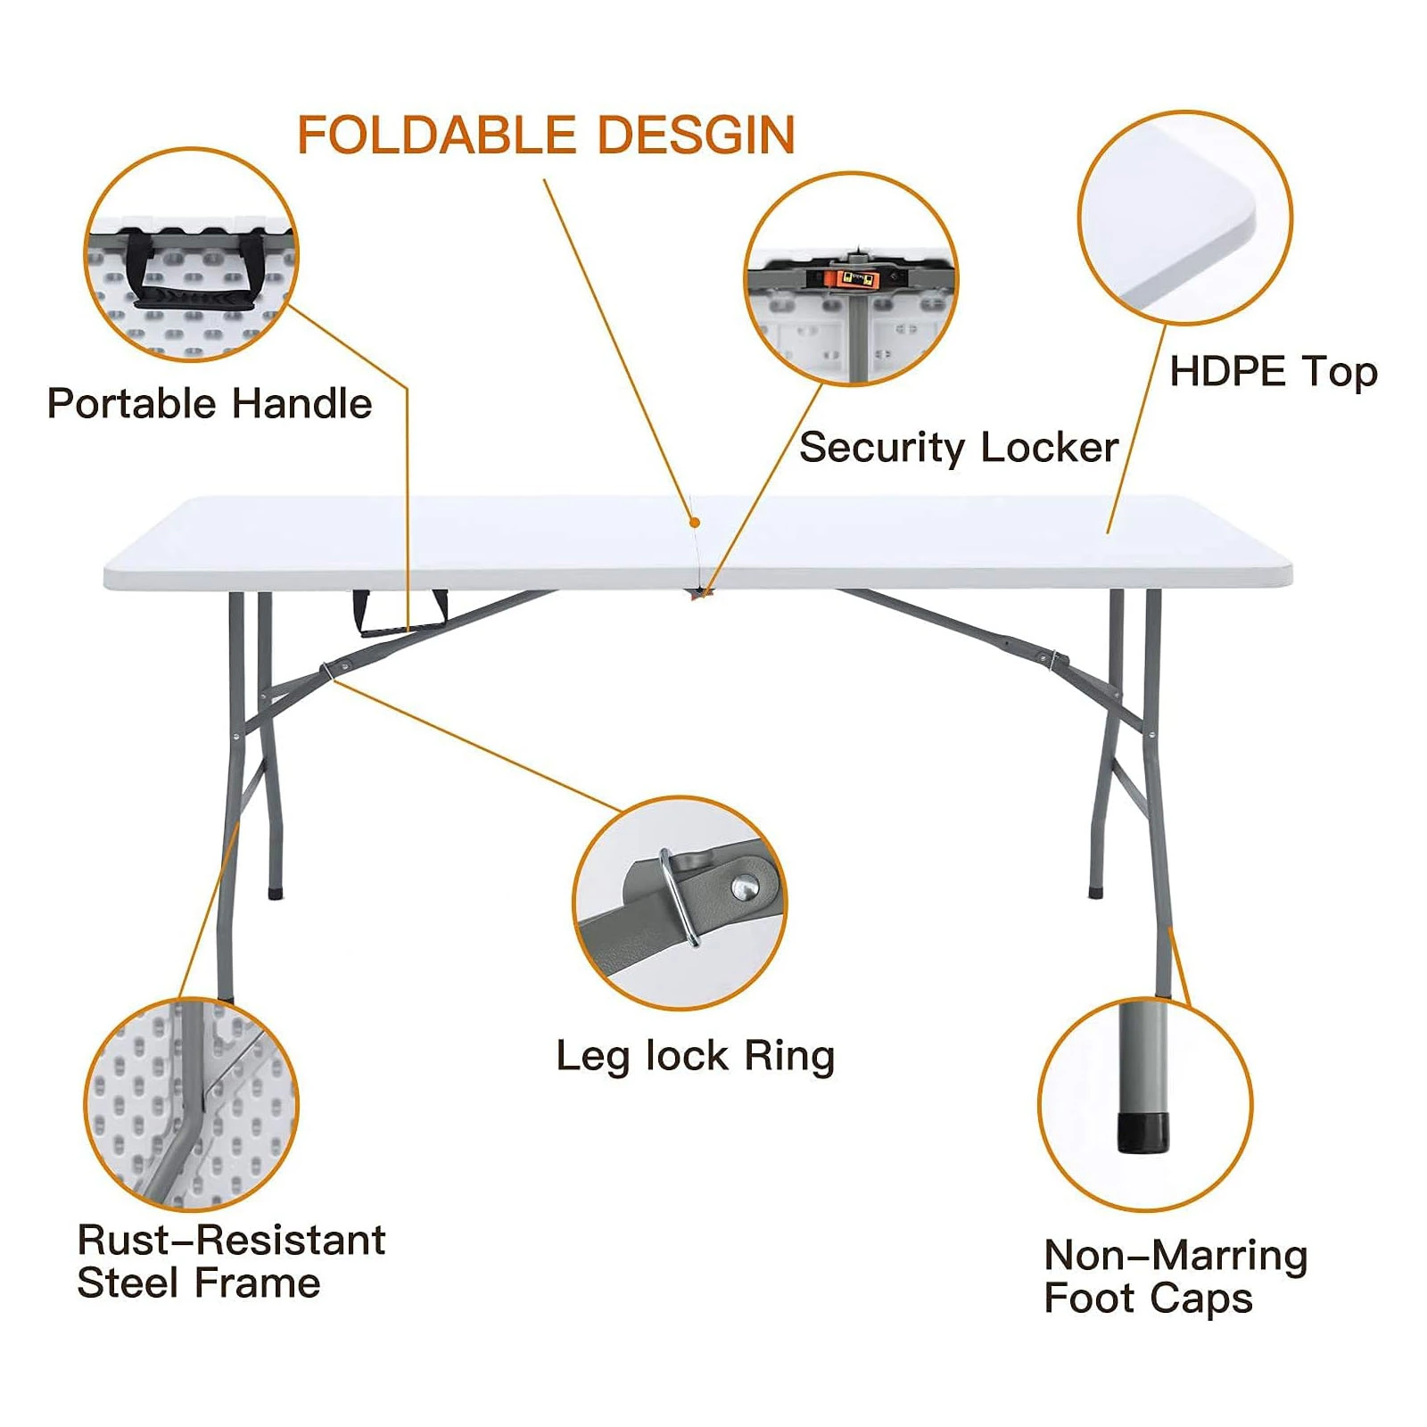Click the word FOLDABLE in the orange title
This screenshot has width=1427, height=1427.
point(436,136)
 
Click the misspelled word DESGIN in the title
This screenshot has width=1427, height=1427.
point(696,136)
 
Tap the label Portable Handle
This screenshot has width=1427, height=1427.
point(210,403)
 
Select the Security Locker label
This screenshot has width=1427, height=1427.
point(959,448)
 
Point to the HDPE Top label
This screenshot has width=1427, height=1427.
point(1274,372)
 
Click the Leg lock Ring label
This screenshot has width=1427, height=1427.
point(696,1057)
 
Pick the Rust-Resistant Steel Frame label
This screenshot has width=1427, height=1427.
point(231,1261)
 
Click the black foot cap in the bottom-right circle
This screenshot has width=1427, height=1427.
point(1142,1132)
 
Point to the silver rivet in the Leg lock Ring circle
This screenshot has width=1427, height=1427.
point(745,887)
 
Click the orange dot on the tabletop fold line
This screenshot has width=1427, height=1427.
point(695,524)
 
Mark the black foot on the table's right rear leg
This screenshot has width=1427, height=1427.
point(1096,891)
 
